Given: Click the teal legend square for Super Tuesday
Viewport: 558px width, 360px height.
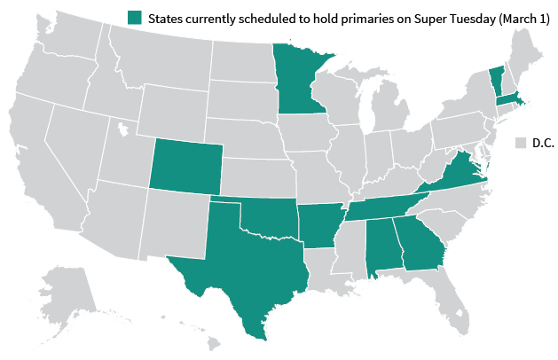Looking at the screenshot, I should click(134, 18).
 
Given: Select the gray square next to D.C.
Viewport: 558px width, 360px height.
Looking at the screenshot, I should click(523, 143).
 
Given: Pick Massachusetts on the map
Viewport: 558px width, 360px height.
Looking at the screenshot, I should click(509, 98).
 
